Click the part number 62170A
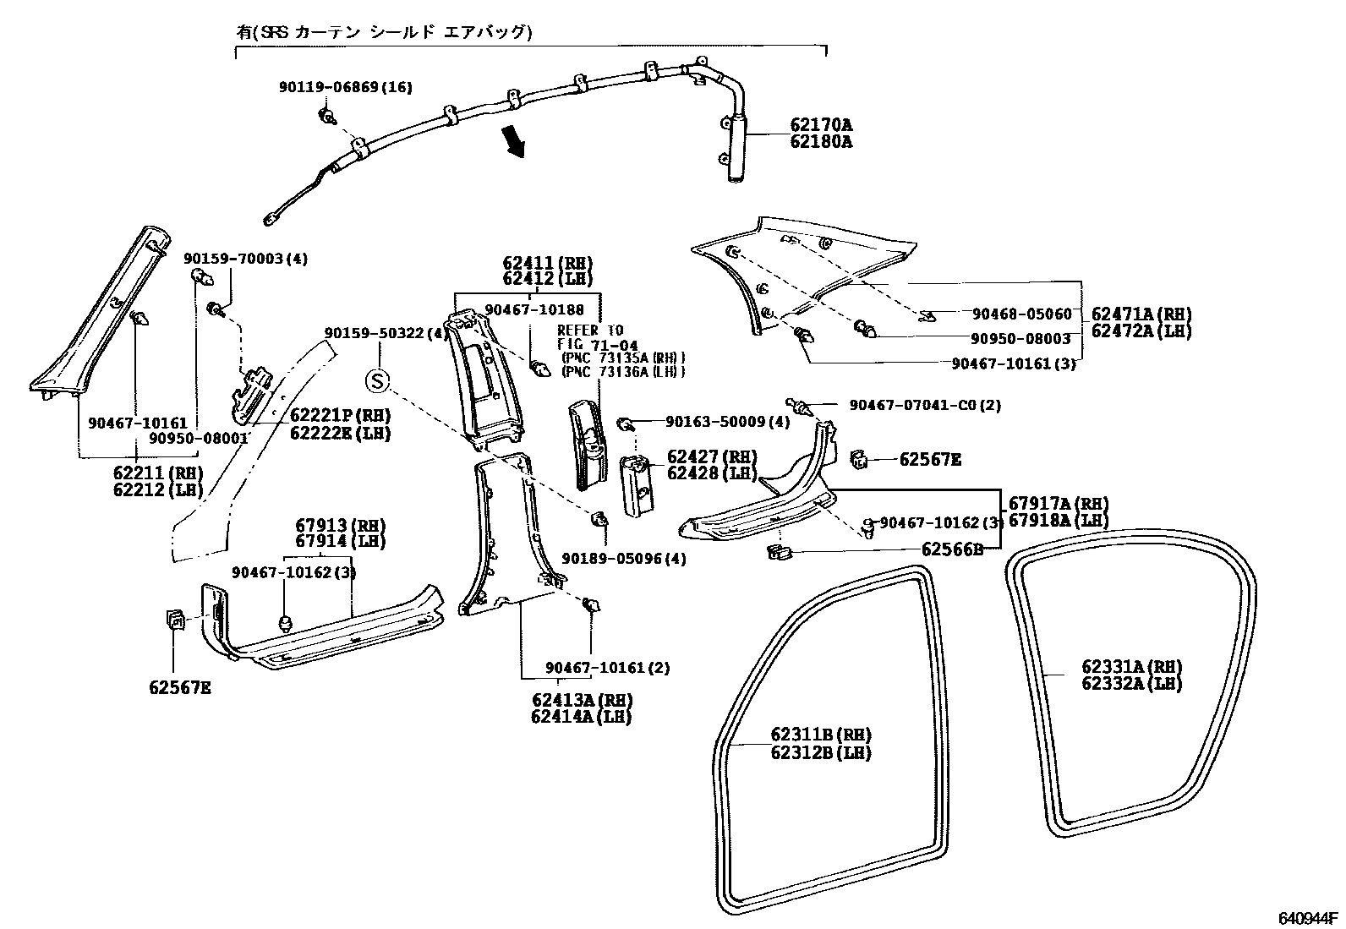(821, 125)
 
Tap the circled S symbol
(377, 381)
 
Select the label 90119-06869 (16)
(346, 87)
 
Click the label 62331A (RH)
(1132, 666)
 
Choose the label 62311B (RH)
(821, 735)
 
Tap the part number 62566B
(952, 549)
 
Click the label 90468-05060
(1022, 314)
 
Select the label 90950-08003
(1021, 339)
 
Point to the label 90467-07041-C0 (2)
(925, 405)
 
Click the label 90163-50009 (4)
(728, 422)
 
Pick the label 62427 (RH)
(712, 456)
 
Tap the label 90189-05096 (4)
(624, 559)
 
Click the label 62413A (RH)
(582, 700)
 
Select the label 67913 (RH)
(340, 526)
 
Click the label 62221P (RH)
(340, 415)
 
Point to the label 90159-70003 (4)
(246, 259)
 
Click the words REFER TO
(590, 331)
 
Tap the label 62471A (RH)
(1141, 314)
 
